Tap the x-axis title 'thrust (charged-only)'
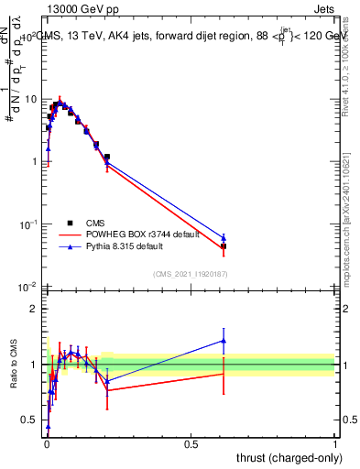[x=284, y=456]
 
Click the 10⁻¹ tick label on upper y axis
[x=28, y=224]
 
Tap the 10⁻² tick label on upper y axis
[x=28, y=288]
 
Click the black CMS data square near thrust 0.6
[x=223, y=247]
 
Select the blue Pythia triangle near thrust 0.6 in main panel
[x=223, y=238]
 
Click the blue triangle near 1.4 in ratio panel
[x=223, y=341]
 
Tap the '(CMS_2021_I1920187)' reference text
[x=190, y=274]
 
